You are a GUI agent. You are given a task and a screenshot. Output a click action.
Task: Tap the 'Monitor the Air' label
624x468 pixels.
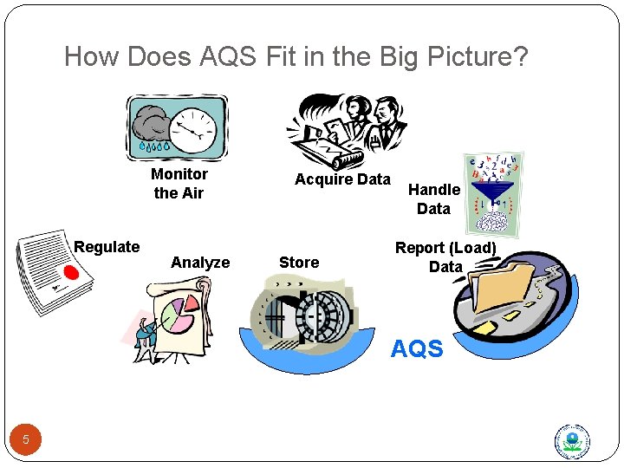pyautogui.click(x=179, y=183)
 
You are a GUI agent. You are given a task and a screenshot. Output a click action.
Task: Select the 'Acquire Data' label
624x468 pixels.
pyautogui.click(x=342, y=179)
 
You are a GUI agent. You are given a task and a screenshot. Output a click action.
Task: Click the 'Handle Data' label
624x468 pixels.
pyautogui.click(x=433, y=198)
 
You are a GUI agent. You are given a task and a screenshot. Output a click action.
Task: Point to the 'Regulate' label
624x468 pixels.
pyautogui.click(x=107, y=247)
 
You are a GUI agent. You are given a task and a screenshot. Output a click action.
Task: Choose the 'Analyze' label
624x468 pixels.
pyautogui.click(x=200, y=263)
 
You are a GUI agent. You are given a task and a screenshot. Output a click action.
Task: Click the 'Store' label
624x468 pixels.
pyautogui.click(x=299, y=263)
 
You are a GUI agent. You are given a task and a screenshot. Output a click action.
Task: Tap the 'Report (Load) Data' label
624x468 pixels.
pyautogui.click(x=445, y=257)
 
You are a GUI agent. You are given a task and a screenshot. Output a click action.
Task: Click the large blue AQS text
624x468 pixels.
pyautogui.click(x=417, y=349)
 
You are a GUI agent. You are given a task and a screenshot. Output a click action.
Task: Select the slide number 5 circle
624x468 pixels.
pyautogui.click(x=26, y=439)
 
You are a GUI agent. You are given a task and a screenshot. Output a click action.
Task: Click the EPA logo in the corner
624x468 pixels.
pyautogui.click(x=572, y=441)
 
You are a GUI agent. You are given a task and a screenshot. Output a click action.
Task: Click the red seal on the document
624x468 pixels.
pyautogui.click(x=70, y=274)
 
